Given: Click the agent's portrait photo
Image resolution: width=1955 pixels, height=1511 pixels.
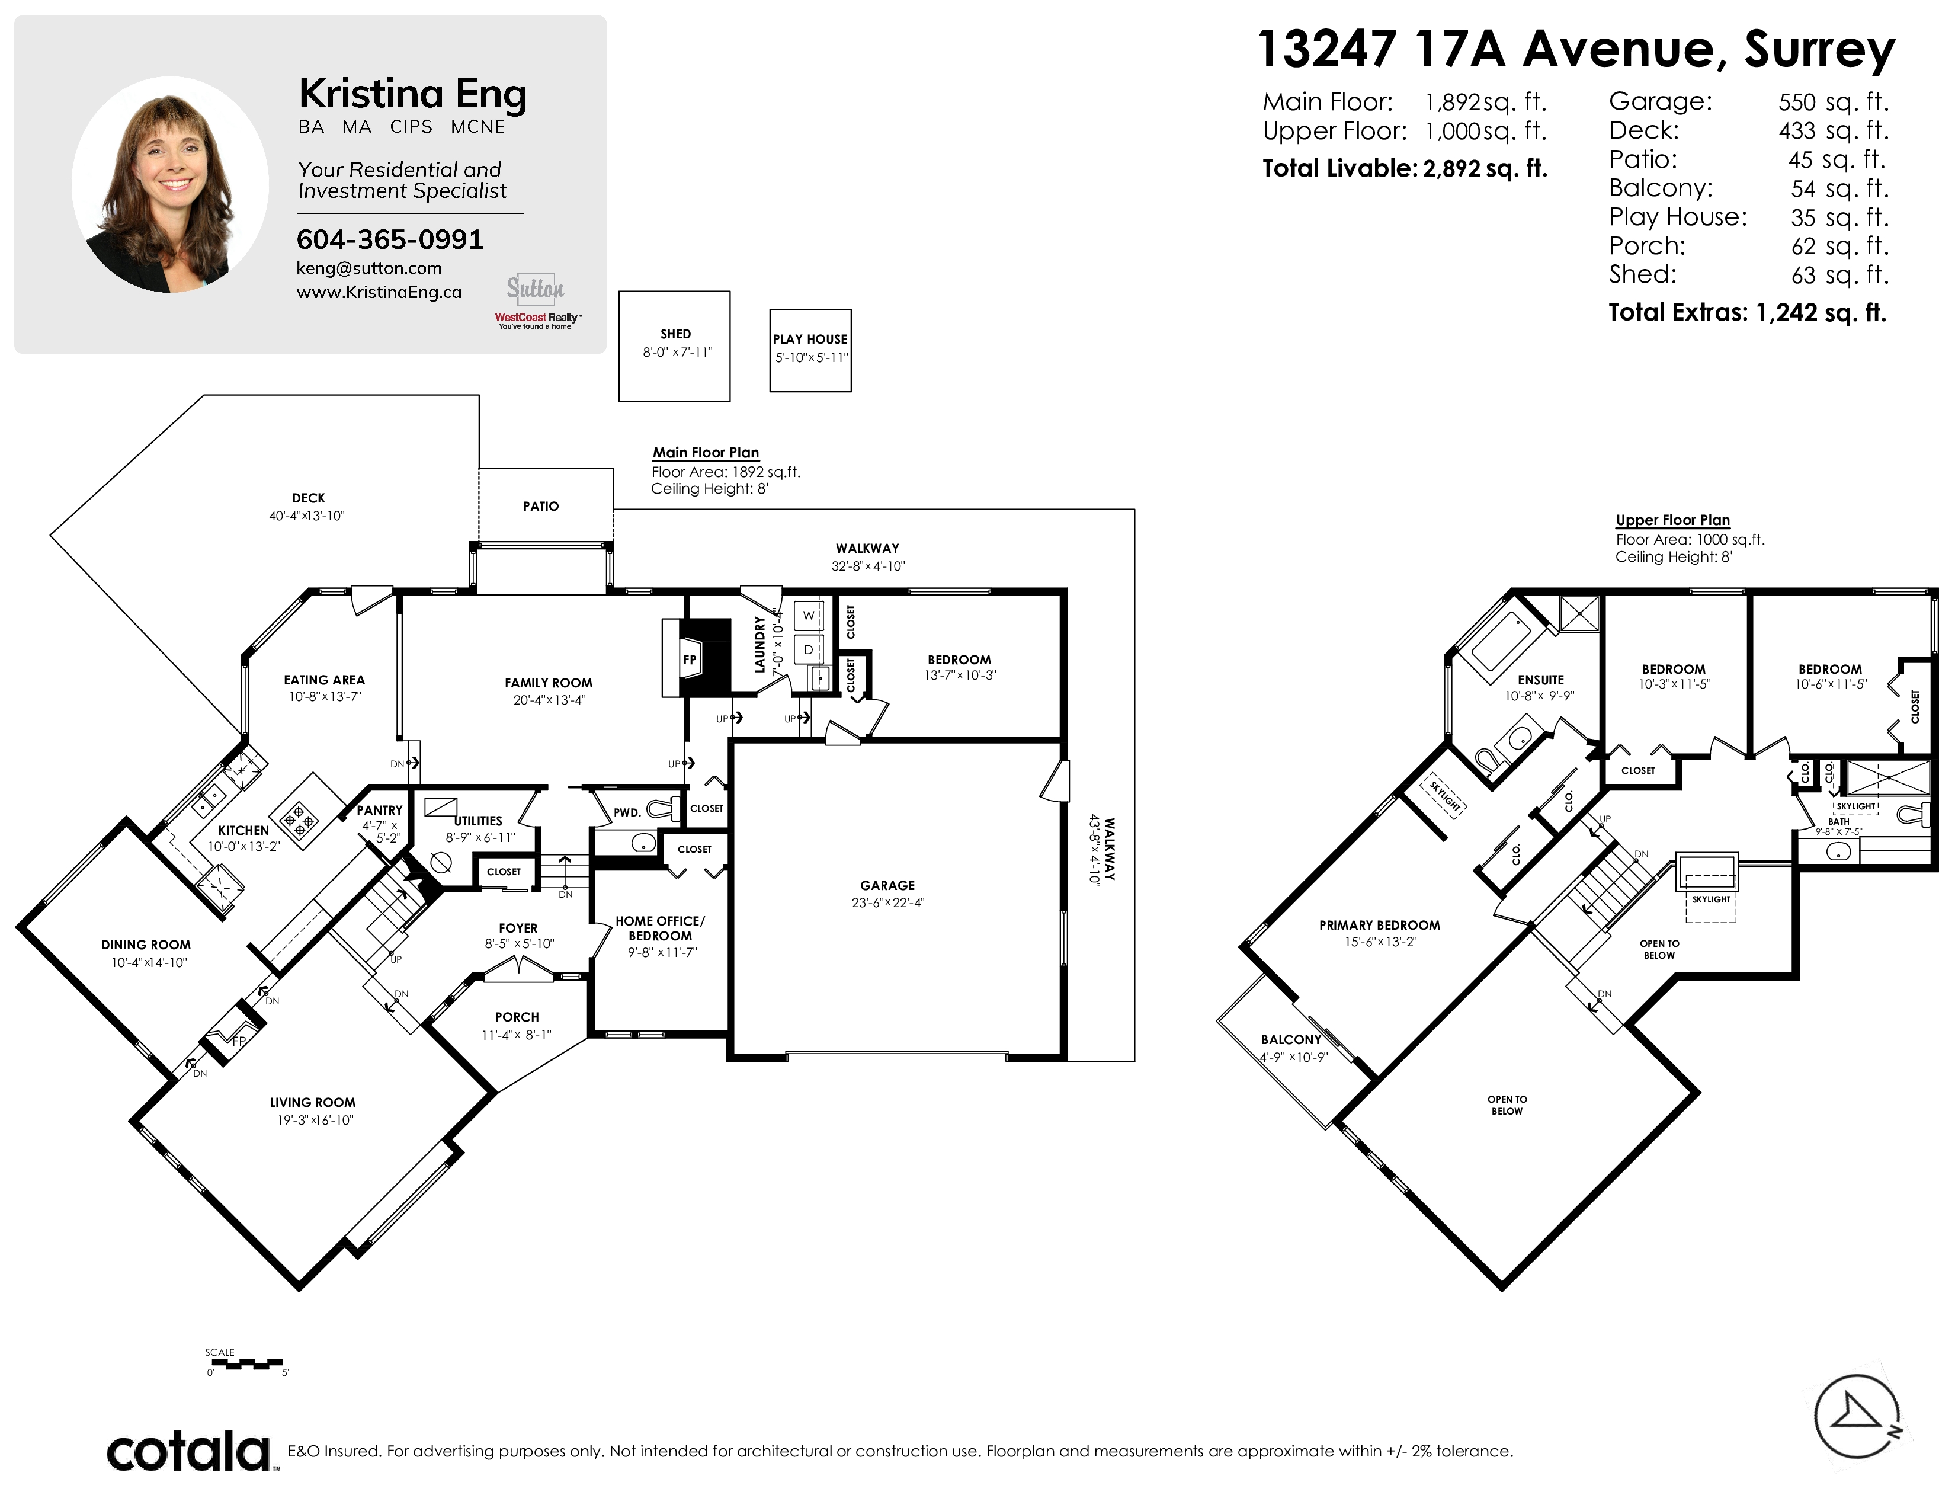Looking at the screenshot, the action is coord(170,184).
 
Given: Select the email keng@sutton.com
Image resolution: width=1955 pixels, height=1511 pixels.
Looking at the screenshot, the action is coord(369,268).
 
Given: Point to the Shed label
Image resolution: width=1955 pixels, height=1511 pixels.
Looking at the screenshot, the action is coord(676,334).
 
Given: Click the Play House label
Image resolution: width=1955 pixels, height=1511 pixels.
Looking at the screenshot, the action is coord(810,340).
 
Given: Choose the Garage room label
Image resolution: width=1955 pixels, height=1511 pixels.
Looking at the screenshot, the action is coord(887,885).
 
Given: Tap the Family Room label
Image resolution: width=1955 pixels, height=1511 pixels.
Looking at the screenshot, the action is coord(548,683).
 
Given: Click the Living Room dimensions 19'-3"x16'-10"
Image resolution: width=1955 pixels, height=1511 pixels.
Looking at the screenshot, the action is coord(315,1120).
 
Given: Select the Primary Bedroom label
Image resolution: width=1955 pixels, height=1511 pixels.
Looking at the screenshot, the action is coord(1379,926).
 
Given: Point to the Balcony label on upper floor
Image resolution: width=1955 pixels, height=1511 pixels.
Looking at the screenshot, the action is coord(1291,1039).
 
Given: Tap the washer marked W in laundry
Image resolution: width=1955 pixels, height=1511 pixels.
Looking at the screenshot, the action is coord(808,616).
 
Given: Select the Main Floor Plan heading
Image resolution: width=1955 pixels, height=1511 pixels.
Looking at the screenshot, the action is coord(706,453).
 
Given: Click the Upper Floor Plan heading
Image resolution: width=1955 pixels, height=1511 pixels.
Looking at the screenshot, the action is coord(1672,520).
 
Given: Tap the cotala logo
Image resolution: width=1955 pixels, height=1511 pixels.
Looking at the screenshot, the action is coord(190,1451).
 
